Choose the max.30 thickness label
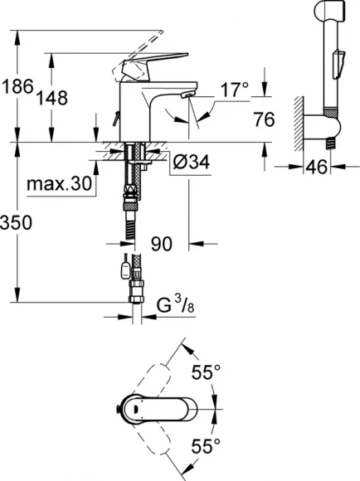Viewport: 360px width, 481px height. point(59,182)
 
